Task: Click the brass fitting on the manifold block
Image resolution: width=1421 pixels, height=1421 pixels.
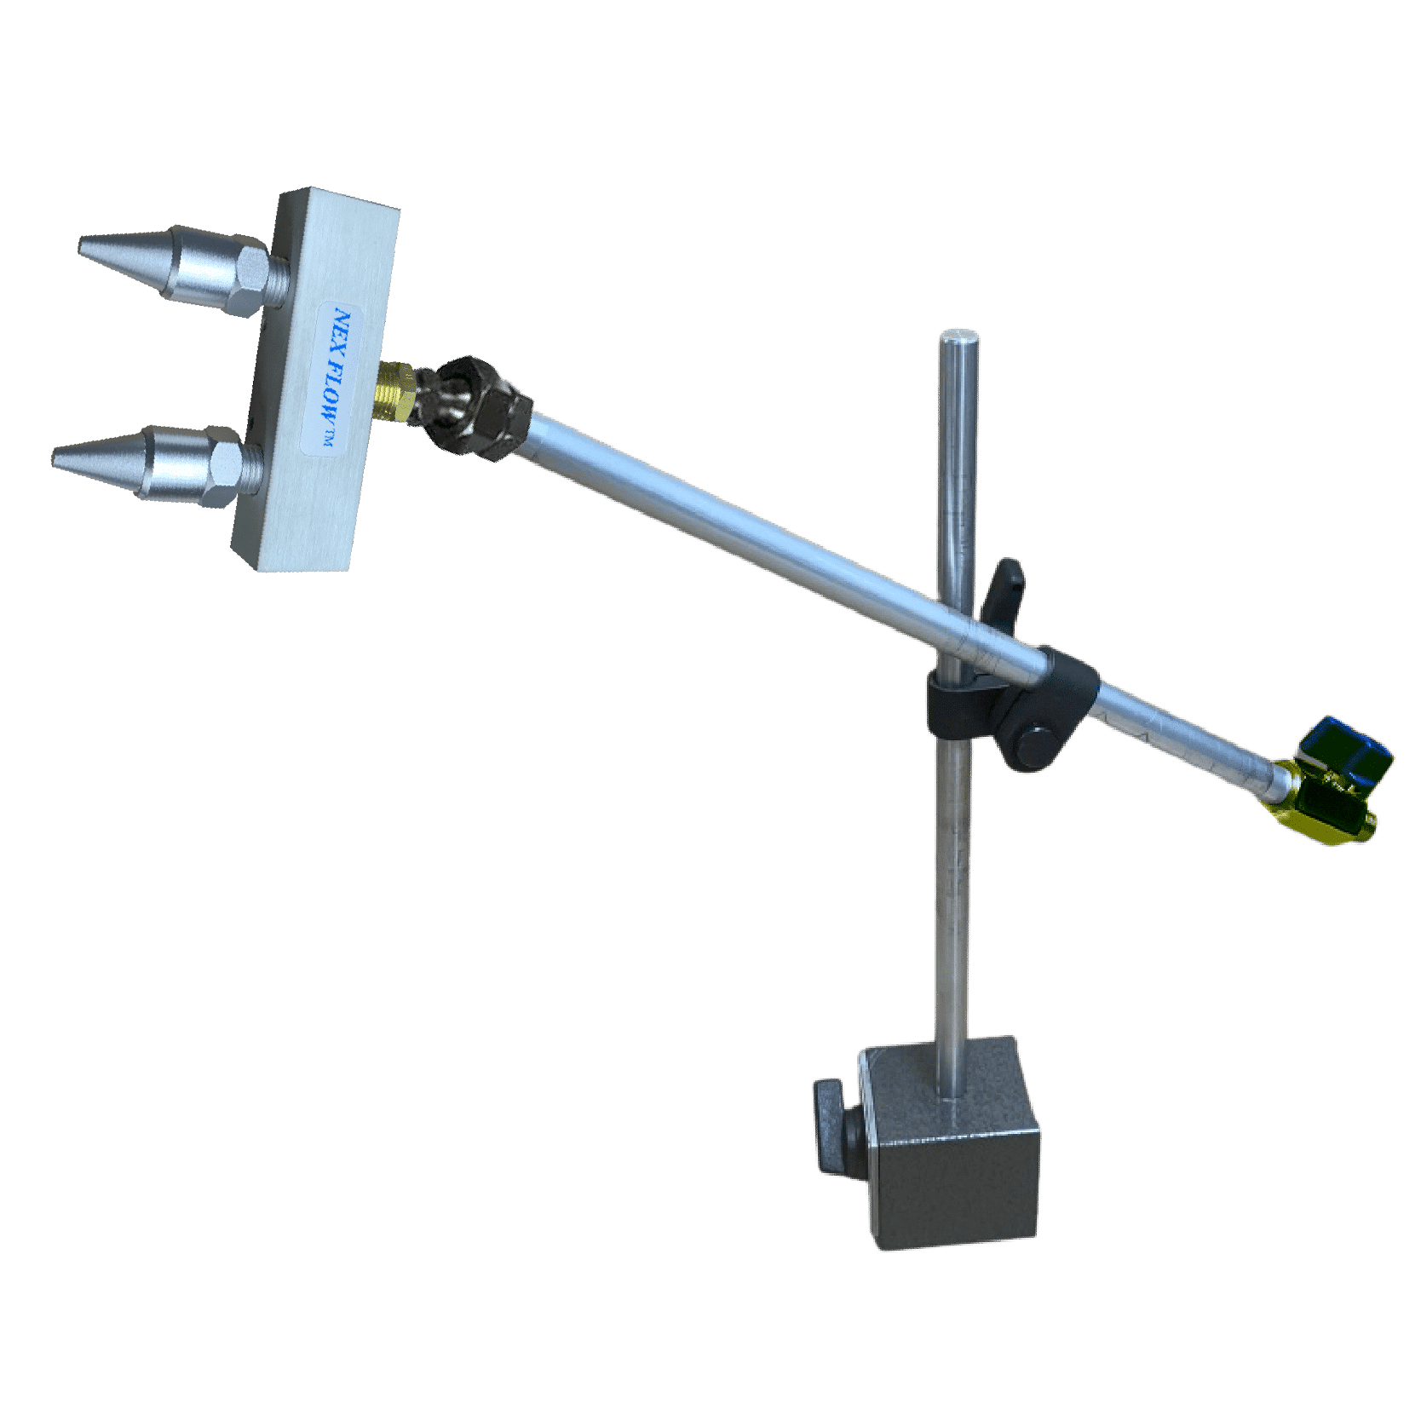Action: click(395, 390)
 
